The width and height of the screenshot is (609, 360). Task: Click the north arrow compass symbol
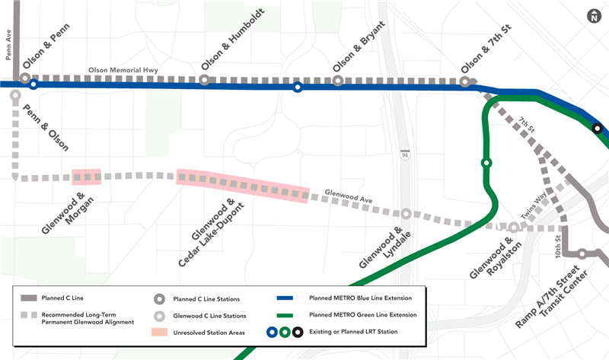click(x=594, y=16)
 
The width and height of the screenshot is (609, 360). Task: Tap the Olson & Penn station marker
click(x=25, y=78)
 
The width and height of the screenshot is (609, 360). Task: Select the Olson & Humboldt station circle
click(x=204, y=80)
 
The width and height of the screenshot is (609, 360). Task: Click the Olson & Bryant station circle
click(x=338, y=80)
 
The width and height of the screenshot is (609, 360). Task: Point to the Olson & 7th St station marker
click(x=465, y=81)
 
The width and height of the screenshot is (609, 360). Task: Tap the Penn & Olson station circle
click(x=15, y=95)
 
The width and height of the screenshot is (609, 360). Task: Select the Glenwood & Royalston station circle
click(x=514, y=227)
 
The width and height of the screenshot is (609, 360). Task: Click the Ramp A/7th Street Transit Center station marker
click(x=582, y=253)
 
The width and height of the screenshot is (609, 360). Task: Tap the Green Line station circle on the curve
click(x=486, y=162)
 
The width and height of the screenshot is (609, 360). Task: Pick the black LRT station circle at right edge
click(x=598, y=129)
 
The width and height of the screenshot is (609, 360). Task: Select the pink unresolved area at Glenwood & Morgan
click(x=86, y=177)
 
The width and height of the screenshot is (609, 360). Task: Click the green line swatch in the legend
click(x=284, y=315)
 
